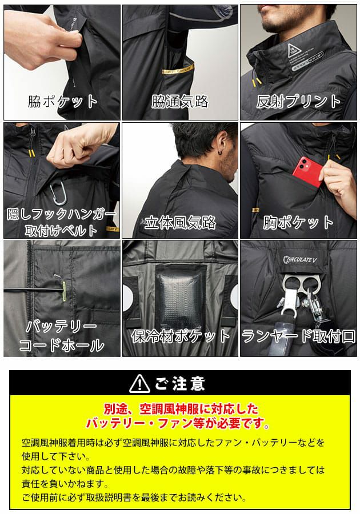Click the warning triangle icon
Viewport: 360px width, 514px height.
tap(139, 383)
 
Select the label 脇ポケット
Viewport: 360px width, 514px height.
tap(63, 102)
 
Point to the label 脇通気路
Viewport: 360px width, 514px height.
tap(179, 102)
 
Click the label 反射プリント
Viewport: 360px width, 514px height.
tap(298, 102)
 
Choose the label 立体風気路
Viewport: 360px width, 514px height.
tap(179, 222)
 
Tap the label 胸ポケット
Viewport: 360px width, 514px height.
tap(298, 222)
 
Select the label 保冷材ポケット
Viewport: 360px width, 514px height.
tap(179, 335)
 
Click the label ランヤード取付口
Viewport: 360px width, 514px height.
tap(298, 335)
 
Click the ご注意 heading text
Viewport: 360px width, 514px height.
tap(180, 383)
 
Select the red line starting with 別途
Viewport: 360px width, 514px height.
tap(180, 409)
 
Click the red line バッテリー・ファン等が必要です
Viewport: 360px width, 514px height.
tap(180, 424)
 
